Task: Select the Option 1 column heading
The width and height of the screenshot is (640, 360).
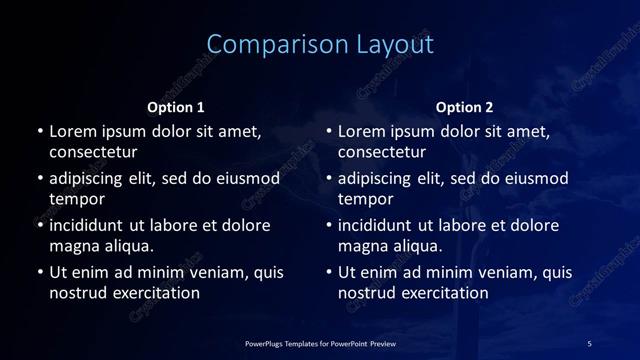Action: coord(176,107)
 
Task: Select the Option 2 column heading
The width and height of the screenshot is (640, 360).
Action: coord(465,107)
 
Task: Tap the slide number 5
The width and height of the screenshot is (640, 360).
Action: coord(589,344)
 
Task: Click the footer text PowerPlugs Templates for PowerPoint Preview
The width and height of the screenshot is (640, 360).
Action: coord(320,344)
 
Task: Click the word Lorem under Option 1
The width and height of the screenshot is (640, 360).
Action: coord(72,131)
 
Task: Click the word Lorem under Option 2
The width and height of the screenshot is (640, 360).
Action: coord(361,131)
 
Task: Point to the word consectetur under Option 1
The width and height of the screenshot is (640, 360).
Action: coord(93,153)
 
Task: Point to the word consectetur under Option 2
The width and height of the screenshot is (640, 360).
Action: coord(382,153)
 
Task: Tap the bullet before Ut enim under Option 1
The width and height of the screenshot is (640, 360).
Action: coord(40,272)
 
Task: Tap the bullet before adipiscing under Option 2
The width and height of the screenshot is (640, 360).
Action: coord(329,179)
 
